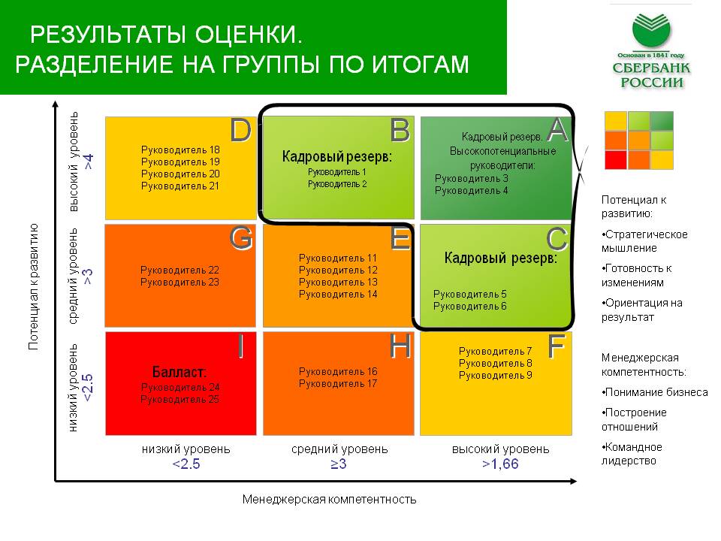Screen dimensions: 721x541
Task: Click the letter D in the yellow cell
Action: pos(241,130)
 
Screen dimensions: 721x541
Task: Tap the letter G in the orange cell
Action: pos(241,238)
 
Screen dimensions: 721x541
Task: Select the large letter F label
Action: pos(556,346)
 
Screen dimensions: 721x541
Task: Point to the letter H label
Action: pos(400,346)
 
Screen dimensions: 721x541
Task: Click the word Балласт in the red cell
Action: pos(179,372)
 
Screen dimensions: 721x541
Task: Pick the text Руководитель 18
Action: pos(180,150)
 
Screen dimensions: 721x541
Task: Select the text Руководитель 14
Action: pos(338,295)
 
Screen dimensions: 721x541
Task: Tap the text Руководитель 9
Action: pos(495,376)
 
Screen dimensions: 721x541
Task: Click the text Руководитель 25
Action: pos(179,399)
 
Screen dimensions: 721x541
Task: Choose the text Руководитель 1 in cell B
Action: pos(337,172)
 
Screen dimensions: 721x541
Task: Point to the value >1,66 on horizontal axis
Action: pos(500,464)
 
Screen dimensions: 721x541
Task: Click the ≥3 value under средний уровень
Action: pos(339,464)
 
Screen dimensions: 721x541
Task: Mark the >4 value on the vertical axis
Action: pos(89,162)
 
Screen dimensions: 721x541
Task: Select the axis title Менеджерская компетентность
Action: pos(329,500)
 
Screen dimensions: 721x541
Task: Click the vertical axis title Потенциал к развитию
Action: pos(33,286)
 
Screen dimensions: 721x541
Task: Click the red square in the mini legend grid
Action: pos(616,160)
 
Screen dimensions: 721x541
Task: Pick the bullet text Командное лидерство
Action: pos(632,454)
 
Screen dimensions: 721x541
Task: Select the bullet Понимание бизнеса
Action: pos(655,392)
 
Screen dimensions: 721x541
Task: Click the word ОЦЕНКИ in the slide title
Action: pos(249,35)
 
